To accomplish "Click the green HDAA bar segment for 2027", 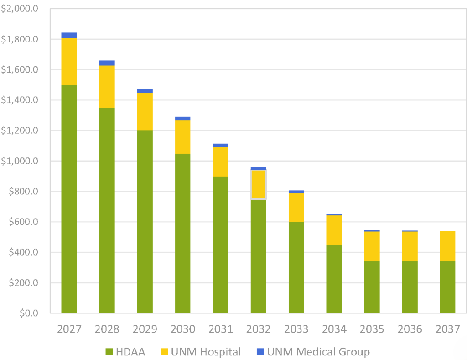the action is tap(69, 199).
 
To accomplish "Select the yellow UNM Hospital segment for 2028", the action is tap(107, 86).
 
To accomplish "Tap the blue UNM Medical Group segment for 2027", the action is tap(69, 35).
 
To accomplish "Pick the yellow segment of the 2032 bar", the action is tap(259, 184).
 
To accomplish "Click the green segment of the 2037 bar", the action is tap(447, 287).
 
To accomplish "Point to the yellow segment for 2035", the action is tap(372, 246).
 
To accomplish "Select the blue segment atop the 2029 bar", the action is tap(145, 91).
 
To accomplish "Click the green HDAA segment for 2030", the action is tap(182, 233).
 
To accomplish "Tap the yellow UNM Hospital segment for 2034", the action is tap(334, 230).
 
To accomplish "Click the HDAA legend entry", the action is tap(125, 352).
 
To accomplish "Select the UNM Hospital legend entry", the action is tap(201, 352).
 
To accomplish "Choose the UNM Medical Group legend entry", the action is tap(313, 352).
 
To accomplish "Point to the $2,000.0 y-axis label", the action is tap(20, 9).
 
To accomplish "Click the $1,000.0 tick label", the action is tap(20, 161).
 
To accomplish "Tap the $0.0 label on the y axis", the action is tap(29, 313).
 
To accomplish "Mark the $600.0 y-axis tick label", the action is tap(24, 222).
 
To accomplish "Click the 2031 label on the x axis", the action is tap(220, 329).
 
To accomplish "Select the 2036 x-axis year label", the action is tap(410, 329).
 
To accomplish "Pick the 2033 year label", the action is tap(296, 329).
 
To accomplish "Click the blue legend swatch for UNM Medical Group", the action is tap(260, 352).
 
